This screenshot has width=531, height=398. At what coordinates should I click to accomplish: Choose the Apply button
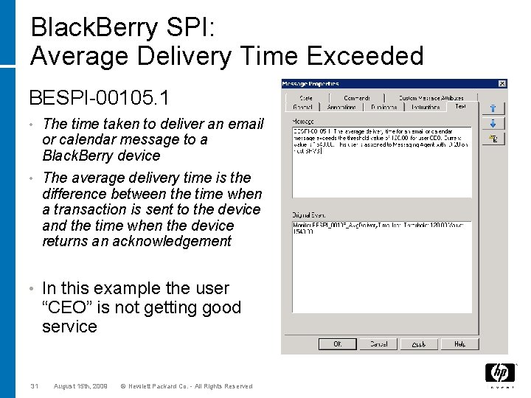coord(419,343)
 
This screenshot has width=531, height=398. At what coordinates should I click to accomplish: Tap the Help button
coord(459,343)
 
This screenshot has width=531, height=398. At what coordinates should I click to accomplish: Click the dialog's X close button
coord(502,83)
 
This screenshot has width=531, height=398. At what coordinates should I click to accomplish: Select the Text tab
coord(460,107)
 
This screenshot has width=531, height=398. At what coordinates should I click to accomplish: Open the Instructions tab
coord(426,107)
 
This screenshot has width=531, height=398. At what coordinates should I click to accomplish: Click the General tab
coord(302,107)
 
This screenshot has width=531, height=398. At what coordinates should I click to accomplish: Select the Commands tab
coord(356,97)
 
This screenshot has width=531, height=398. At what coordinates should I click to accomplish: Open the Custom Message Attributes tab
coord(431,97)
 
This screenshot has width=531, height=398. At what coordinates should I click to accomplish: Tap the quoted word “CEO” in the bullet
coord(70,307)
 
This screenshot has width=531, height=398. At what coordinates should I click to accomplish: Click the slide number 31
coord(35,386)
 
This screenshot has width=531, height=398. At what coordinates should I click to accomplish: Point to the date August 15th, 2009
coord(82,386)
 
